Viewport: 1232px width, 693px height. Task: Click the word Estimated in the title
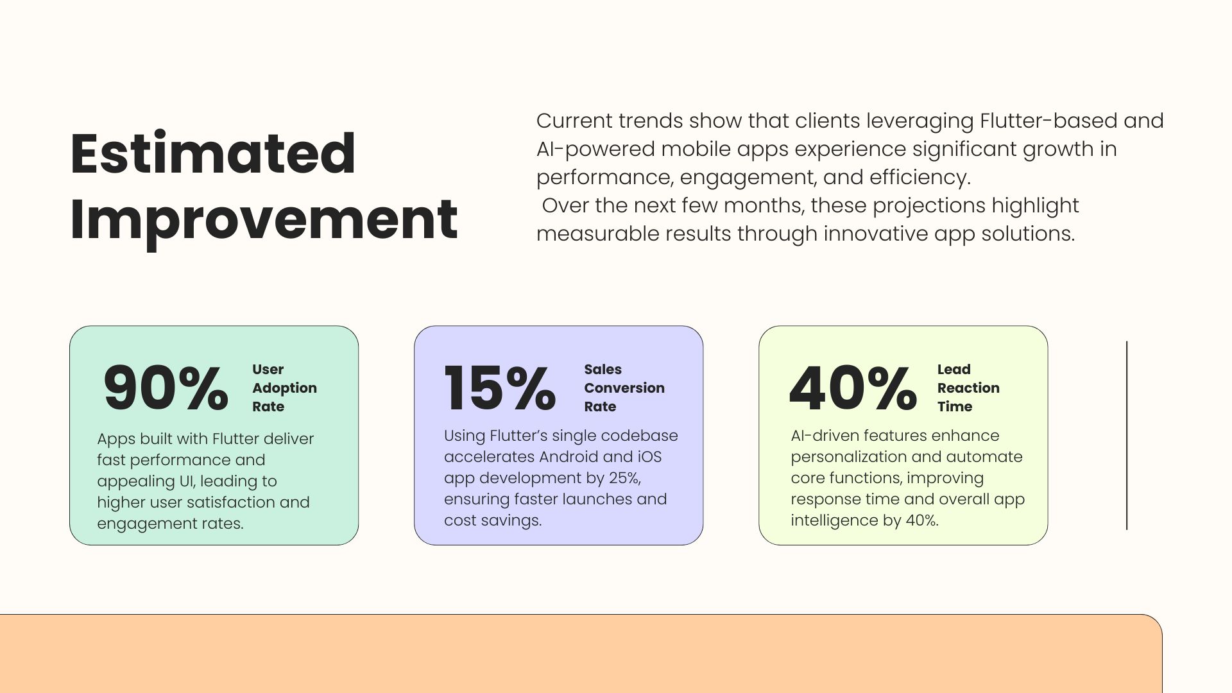pyautogui.click(x=212, y=153)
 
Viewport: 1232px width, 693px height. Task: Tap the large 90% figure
pyautogui.click(x=166, y=388)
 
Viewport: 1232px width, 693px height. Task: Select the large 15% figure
pyautogui.click(x=500, y=388)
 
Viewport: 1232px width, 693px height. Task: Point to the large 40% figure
pyautogui.click(x=853, y=388)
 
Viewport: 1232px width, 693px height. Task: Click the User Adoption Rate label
pyautogui.click(x=284, y=388)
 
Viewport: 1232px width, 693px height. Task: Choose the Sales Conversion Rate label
pyautogui.click(x=624, y=388)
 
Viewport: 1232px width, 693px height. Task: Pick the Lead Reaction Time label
pyautogui.click(x=968, y=388)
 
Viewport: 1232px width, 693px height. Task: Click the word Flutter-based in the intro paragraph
pyautogui.click(x=1048, y=121)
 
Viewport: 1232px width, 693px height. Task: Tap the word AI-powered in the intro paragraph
pyautogui.click(x=595, y=150)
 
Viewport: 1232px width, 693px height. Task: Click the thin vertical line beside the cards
pyautogui.click(x=1127, y=436)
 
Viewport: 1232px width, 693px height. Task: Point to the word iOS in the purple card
pyautogui.click(x=649, y=457)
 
